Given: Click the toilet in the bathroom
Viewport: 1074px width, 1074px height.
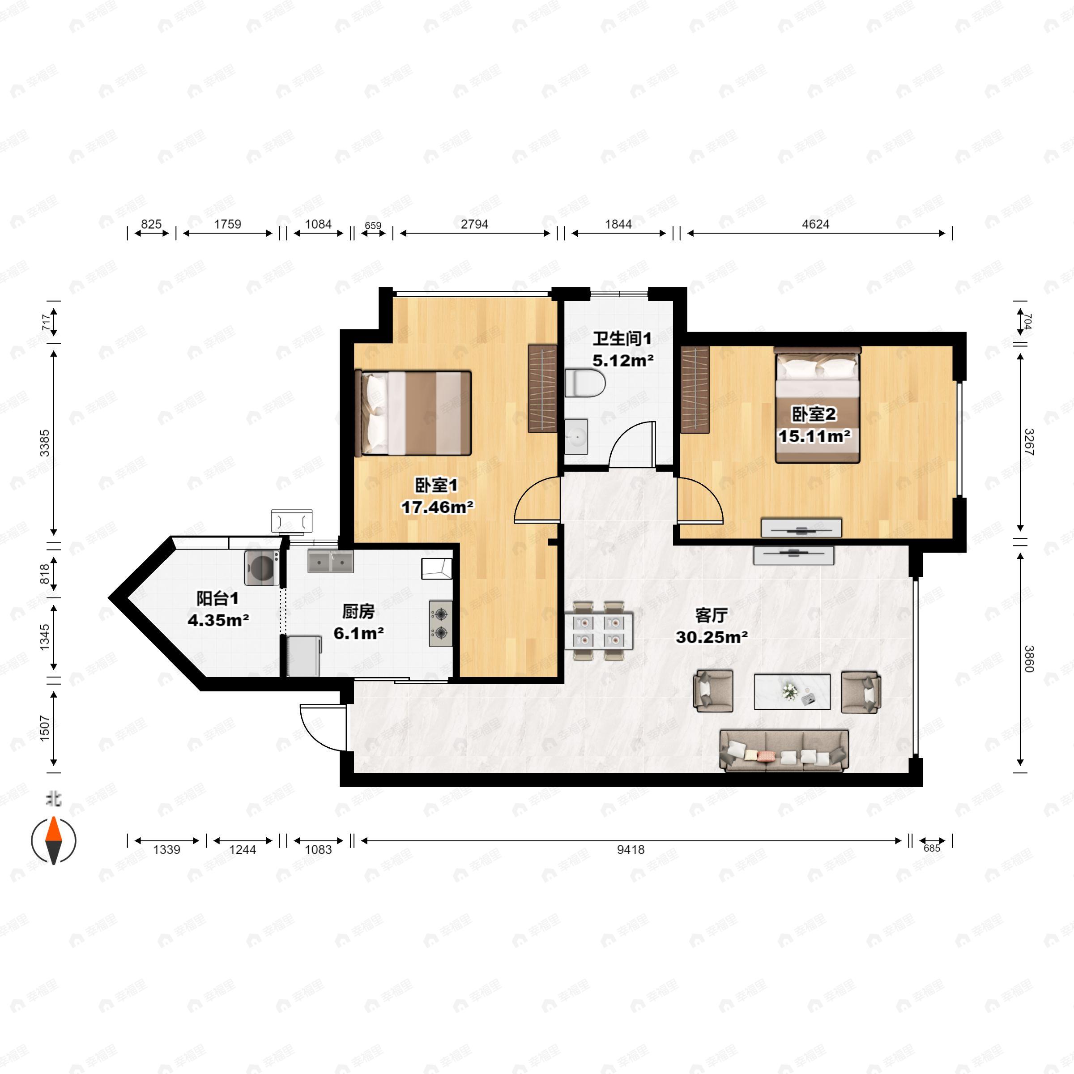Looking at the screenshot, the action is click(585, 384).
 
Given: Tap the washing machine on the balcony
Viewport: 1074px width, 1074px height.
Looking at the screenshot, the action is click(261, 567).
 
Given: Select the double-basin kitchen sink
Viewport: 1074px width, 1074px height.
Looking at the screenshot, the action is click(330, 562).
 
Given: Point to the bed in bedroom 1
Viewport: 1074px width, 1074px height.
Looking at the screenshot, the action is click(413, 413).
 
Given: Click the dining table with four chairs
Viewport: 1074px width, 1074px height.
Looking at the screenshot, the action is click(599, 631).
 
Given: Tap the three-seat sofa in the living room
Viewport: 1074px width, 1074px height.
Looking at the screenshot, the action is click(784, 751).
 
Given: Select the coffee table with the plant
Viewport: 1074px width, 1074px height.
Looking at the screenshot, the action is click(792, 691).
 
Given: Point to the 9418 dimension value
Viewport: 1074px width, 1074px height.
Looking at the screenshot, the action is click(631, 849).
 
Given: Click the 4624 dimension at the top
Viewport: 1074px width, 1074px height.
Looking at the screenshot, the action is click(815, 224).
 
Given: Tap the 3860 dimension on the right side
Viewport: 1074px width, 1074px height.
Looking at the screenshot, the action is click(1028, 659).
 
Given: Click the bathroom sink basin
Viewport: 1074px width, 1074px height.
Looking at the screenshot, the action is click(576, 437).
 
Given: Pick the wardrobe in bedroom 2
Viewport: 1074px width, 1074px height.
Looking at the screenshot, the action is click(695, 389).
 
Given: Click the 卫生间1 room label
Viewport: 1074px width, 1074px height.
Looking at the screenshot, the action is click(622, 339).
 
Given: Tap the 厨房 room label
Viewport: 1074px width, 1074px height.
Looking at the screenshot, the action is click(358, 611).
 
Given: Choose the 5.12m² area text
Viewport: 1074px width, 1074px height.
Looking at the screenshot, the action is click(622, 361).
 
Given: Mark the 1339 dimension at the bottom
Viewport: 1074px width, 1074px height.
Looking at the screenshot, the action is click(167, 849).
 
